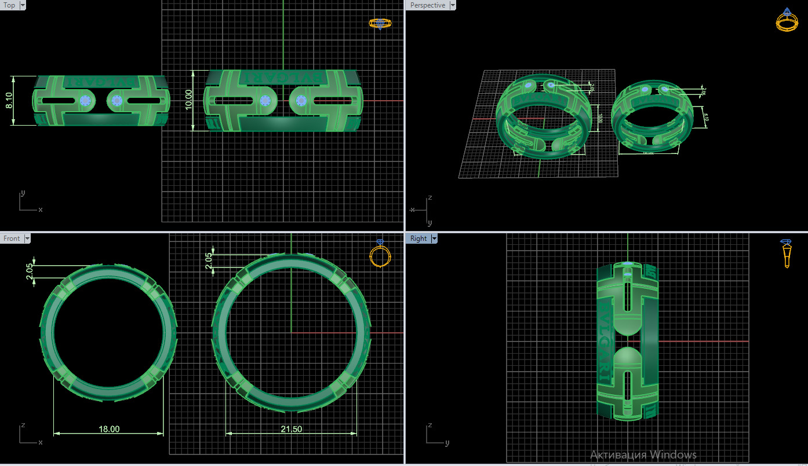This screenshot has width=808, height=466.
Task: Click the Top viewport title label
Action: click(9, 5)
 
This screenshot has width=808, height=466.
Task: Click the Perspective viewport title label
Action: click(427, 5)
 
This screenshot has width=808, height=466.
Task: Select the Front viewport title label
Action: click(12, 238)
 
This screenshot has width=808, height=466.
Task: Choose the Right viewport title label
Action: click(418, 238)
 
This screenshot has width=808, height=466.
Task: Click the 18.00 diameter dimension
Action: click(109, 429)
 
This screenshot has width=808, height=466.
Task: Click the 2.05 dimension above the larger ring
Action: click(209, 260)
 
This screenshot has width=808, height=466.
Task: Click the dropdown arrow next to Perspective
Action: click(453, 5)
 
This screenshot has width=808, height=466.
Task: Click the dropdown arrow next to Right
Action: click(434, 238)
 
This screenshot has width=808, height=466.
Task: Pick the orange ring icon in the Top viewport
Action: click(380, 23)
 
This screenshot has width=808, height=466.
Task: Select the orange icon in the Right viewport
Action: click(787, 253)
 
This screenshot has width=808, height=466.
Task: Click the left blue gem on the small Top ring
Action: click(86, 101)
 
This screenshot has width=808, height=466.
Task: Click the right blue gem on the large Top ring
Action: click(301, 101)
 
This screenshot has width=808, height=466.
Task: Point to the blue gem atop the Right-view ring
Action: click(628, 264)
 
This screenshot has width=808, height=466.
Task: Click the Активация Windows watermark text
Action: click(643, 454)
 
